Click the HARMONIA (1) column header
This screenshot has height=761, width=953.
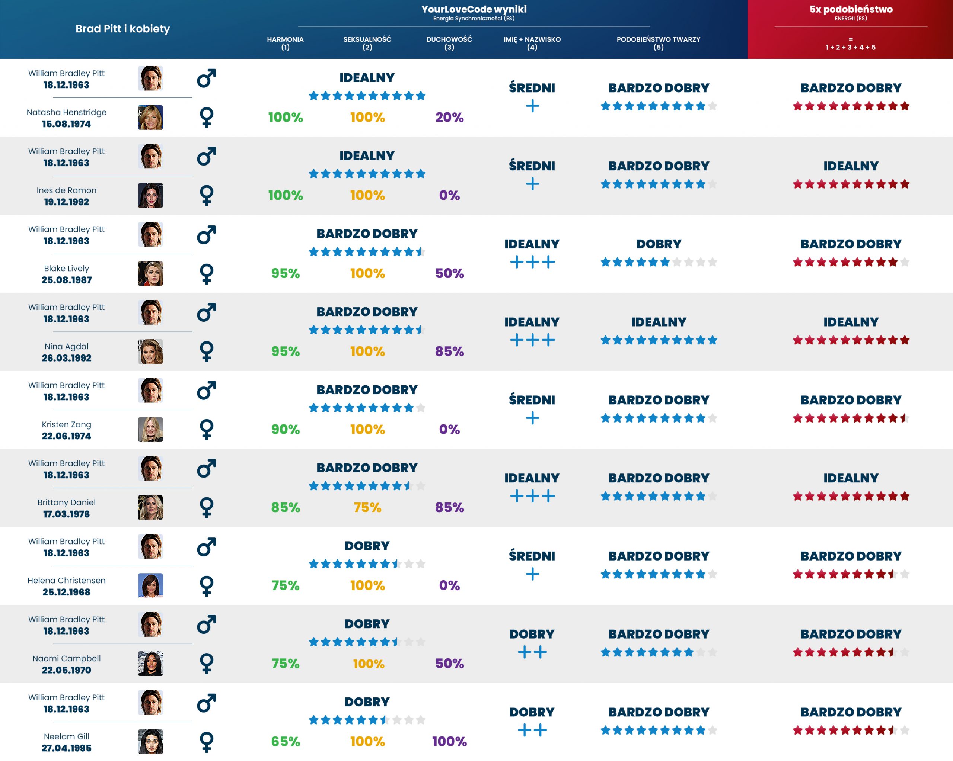click(x=285, y=43)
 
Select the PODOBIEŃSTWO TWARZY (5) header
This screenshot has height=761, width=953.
click(x=658, y=43)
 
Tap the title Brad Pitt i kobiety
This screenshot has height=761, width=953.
click(x=122, y=29)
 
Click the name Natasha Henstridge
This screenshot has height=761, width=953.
click(x=66, y=112)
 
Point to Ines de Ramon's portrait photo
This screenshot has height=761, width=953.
click(x=151, y=195)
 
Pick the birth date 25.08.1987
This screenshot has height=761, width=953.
click(x=66, y=280)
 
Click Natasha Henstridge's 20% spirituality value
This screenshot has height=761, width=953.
click(x=449, y=118)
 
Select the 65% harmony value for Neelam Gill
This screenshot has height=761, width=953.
click(x=285, y=741)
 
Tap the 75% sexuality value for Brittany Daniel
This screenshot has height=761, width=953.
click(x=367, y=507)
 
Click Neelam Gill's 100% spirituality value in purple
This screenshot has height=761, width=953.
click(x=449, y=741)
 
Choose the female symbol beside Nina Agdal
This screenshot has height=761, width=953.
click(x=207, y=351)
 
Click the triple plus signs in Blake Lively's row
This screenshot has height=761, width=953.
click(x=532, y=262)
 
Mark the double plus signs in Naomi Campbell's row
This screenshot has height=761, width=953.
click(x=532, y=652)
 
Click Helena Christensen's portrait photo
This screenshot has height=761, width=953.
click(x=151, y=585)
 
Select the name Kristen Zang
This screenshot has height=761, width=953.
click(x=66, y=424)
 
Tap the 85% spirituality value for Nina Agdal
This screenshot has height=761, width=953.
click(x=449, y=351)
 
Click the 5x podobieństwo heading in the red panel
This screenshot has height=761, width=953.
click(x=851, y=9)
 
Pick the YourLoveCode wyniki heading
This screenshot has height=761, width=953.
click(x=474, y=9)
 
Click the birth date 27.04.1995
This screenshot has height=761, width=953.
click(x=66, y=748)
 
